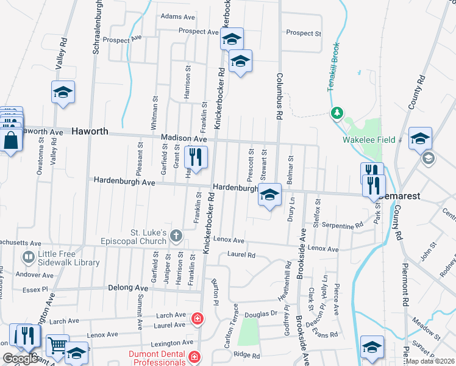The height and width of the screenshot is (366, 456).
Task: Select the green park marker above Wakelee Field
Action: pyautogui.click(x=336, y=113)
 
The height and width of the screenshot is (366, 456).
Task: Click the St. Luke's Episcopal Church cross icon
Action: pyautogui.click(x=176, y=235)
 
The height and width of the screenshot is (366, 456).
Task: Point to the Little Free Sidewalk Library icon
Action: pyautogui.click(x=28, y=257)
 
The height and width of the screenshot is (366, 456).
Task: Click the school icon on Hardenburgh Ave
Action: pyautogui.click(x=269, y=195)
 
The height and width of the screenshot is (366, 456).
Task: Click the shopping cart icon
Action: pyautogui.click(x=57, y=346)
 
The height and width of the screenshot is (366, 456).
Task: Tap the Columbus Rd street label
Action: pyautogui.click(x=280, y=98)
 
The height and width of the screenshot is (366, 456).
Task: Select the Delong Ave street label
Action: pyautogui.click(x=128, y=287)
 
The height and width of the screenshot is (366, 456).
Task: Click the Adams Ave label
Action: pyautogui.click(x=177, y=16)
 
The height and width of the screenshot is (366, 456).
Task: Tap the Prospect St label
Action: pyautogui.click(x=303, y=33)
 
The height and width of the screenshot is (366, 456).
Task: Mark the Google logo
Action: pyautogui.click(x=20, y=359)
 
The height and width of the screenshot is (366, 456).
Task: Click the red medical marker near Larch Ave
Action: pyautogui.click(x=197, y=318)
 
